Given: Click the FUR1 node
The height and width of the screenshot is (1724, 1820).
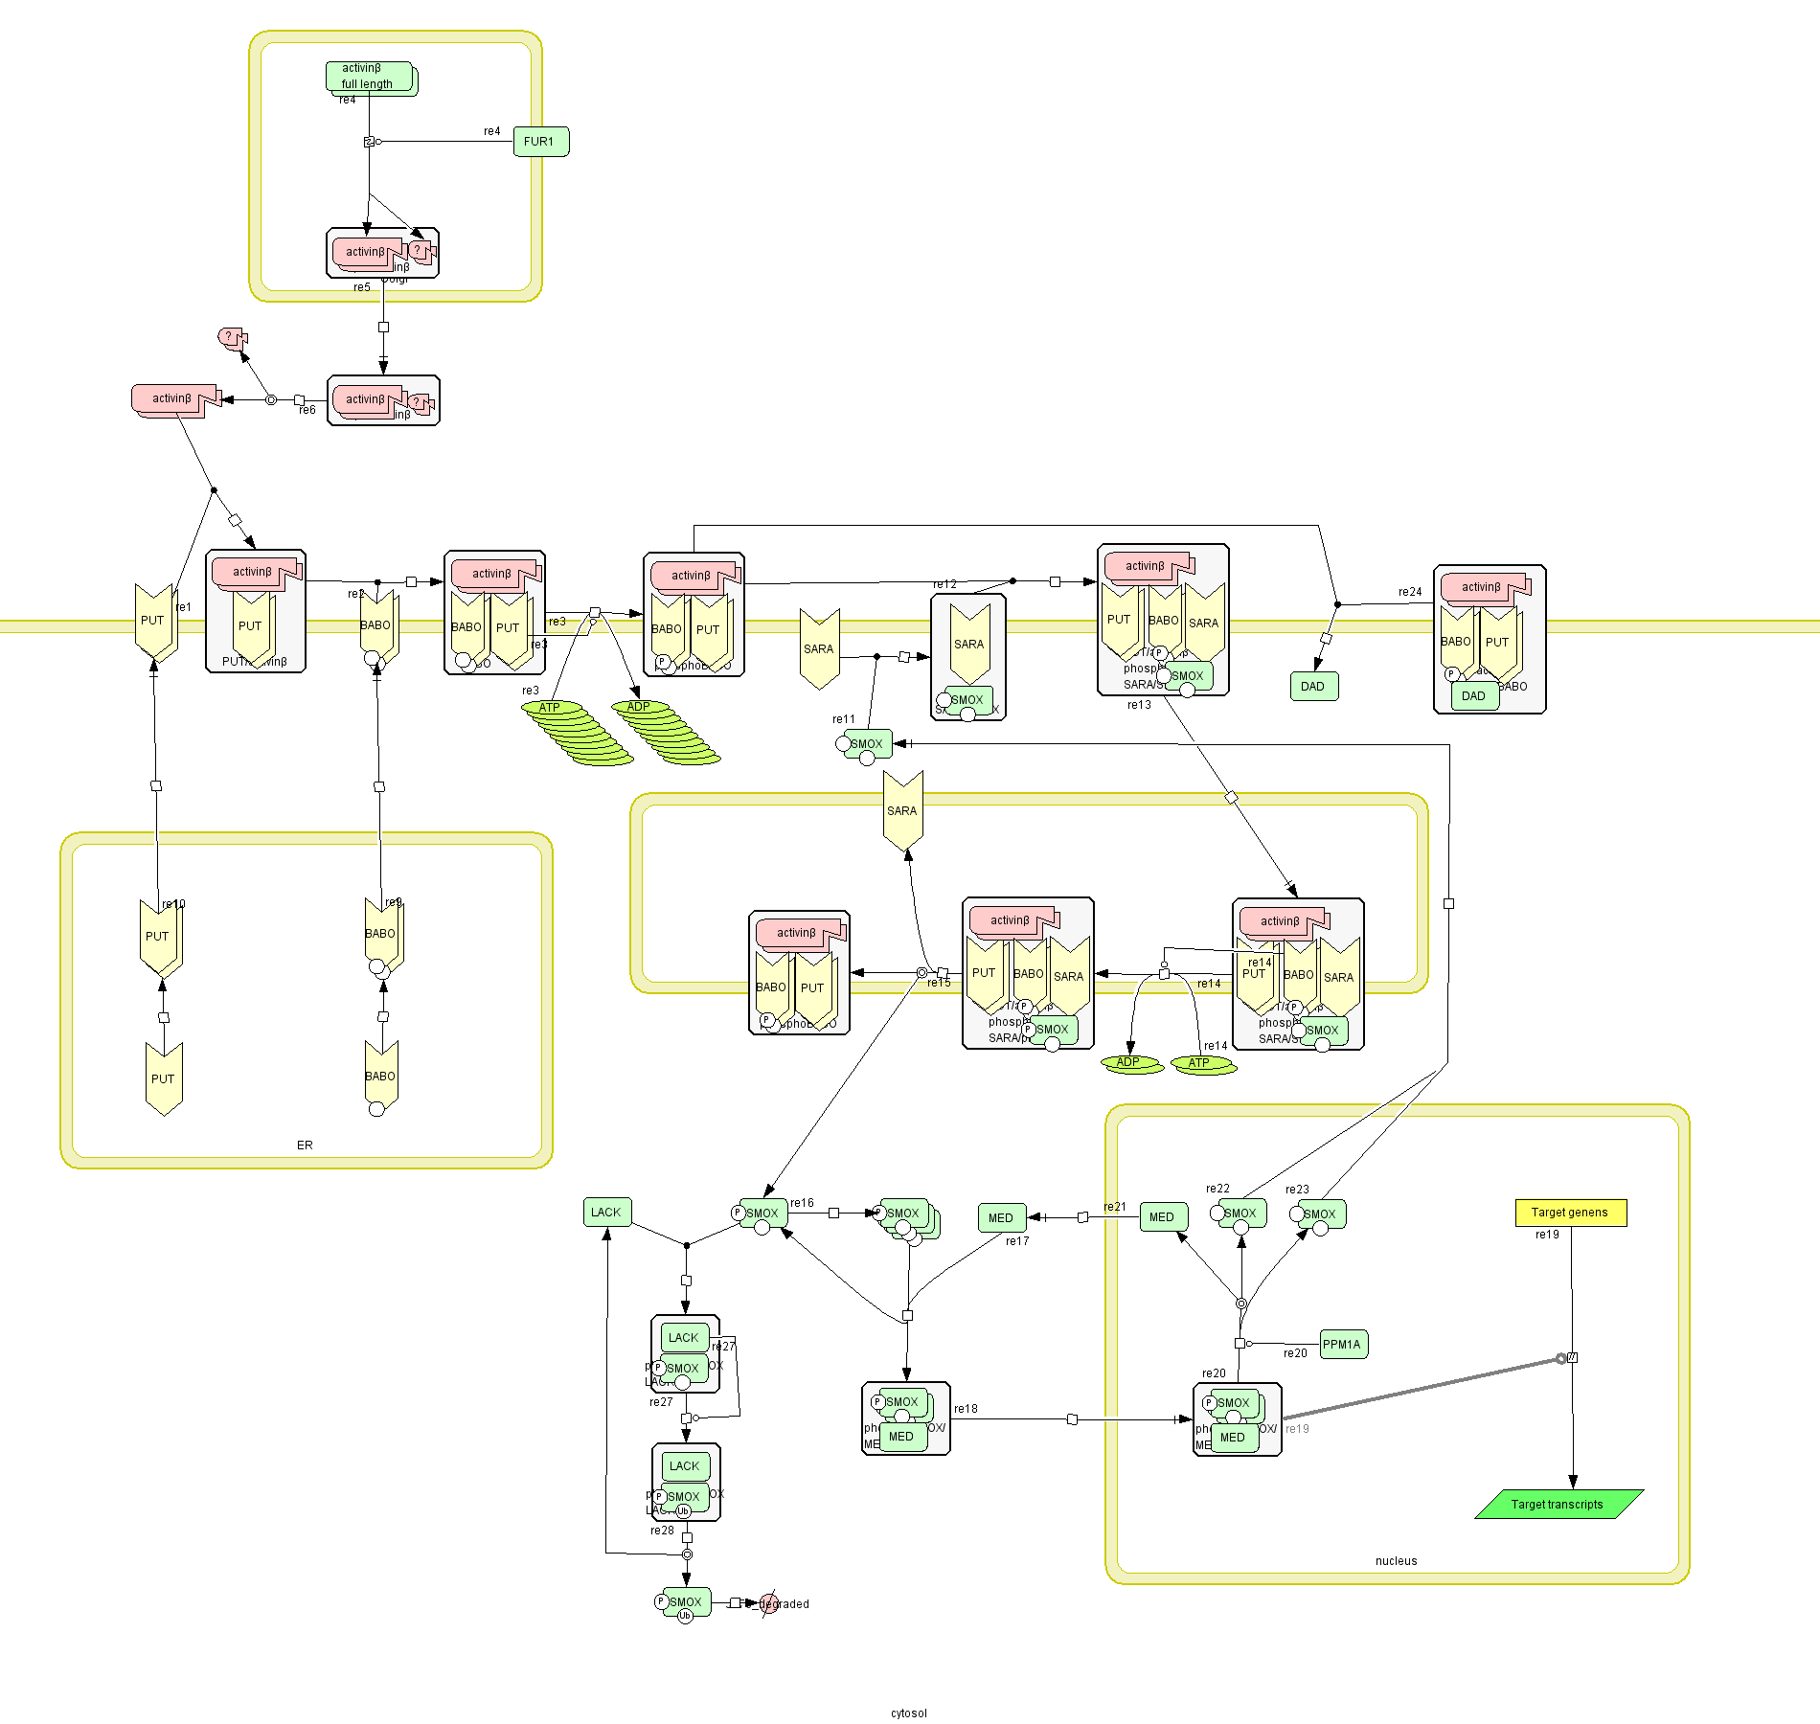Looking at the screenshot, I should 541,142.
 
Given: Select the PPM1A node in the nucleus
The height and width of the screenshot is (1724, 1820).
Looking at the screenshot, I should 1343,1345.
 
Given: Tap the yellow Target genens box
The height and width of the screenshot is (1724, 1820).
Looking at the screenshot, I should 1570,1213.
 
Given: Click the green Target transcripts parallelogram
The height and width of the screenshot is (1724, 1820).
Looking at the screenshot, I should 1558,1505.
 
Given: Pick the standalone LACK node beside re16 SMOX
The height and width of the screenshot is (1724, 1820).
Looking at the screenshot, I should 606,1213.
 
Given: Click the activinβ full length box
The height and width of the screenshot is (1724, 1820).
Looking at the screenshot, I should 369,77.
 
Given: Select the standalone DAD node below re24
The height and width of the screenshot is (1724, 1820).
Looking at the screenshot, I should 1313,687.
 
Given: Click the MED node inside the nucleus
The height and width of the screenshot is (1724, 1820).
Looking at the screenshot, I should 1163,1217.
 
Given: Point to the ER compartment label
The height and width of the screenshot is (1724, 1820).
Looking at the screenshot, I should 305,1146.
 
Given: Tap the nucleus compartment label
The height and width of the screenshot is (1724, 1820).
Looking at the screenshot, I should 1396,1561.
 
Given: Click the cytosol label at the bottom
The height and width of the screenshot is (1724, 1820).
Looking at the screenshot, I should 908,1713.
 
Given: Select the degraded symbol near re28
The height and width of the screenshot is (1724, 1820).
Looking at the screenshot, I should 769,1603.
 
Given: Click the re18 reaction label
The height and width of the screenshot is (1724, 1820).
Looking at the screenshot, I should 966,1409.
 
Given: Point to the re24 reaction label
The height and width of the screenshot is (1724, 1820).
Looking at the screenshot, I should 1410,592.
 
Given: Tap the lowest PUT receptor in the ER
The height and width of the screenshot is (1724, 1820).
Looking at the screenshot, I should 164,1079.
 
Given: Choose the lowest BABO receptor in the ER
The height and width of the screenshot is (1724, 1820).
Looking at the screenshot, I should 380,1077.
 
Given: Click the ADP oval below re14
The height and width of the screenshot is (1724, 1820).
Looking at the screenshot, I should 1130,1063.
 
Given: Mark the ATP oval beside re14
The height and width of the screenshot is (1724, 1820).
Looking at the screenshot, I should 1201,1064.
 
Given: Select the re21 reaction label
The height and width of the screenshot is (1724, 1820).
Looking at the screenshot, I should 1115,1208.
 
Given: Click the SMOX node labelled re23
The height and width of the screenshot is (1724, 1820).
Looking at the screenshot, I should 1321,1214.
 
